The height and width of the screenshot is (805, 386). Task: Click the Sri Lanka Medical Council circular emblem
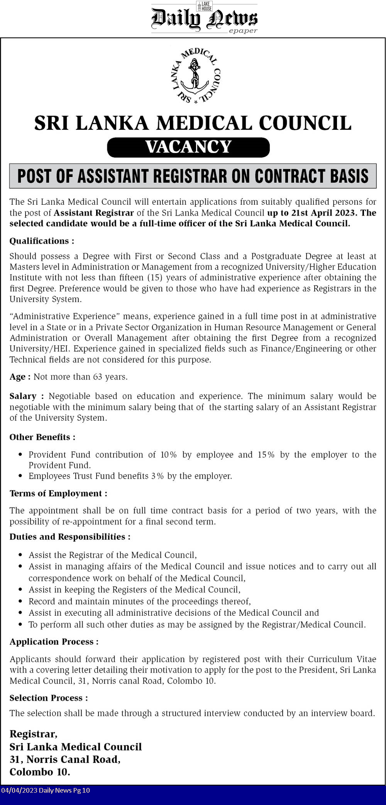[x=196, y=76]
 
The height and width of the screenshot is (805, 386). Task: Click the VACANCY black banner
[x=188, y=147]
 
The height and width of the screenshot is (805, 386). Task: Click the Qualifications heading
[x=42, y=241]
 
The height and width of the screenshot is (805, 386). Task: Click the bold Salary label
[x=23, y=396]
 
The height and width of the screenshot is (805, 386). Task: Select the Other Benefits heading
[x=42, y=437]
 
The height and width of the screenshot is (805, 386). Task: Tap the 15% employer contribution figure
[x=266, y=455]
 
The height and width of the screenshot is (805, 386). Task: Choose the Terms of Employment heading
[x=58, y=494]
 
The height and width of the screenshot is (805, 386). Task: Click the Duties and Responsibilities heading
[x=70, y=537]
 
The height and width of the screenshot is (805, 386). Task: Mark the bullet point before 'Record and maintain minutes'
[x=20, y=601]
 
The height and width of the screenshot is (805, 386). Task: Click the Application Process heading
[x=54, y=642]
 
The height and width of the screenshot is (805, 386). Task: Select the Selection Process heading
[x=49, y=698]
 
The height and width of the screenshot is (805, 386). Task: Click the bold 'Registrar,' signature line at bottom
[x=34, y=734]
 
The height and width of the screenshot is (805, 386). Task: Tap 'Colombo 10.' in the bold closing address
[x=40, y=772]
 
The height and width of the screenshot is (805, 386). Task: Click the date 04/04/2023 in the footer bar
[x=19, y=790]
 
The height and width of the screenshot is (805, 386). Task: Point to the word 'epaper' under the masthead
[x=243, y=31]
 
